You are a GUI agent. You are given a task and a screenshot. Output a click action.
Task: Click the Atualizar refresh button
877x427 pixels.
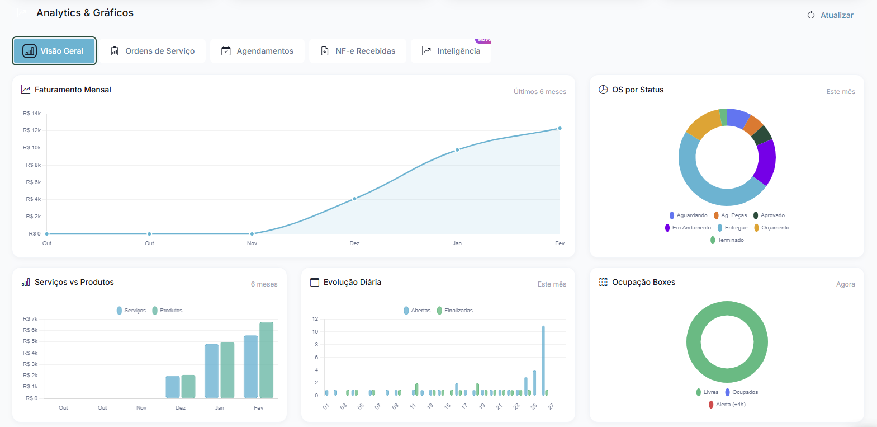click(x=831, y=15)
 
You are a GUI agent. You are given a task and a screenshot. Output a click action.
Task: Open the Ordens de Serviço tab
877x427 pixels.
click(x=153, y=51)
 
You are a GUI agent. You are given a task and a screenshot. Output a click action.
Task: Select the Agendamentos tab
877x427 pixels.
click(x=257, y=51)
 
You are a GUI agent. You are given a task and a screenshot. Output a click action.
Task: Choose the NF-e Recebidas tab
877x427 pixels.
click(x=358, y=51)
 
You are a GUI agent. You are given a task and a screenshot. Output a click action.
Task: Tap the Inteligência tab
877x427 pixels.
click(x=451, y=51)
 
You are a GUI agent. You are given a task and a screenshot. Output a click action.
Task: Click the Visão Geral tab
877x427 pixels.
click(x=54, y=51)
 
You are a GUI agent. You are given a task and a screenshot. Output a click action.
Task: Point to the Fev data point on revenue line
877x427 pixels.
click(x=560, y=128)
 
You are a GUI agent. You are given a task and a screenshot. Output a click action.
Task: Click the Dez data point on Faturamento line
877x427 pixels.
click(x=354, y=199)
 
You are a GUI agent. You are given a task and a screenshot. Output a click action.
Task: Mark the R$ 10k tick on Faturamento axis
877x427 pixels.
click(x=32, y=148)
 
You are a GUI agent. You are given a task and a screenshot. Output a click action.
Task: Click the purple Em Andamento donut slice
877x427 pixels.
click(x=766, y=162)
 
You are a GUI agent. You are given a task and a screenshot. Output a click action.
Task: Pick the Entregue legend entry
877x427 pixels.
click(x=733, y=228)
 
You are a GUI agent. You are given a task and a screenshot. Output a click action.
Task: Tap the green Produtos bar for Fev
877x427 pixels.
click(x=266, y=359)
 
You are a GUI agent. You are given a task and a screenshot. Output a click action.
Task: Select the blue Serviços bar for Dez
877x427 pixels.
click(x=173, y=387)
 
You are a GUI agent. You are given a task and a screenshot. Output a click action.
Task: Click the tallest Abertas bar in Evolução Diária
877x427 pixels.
click(x=543, y=360)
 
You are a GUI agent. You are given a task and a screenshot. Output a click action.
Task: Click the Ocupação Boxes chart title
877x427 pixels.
click(x=643, y=282)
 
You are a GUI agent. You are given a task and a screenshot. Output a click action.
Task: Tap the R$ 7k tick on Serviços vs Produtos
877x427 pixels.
click(x=30, y=319)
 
